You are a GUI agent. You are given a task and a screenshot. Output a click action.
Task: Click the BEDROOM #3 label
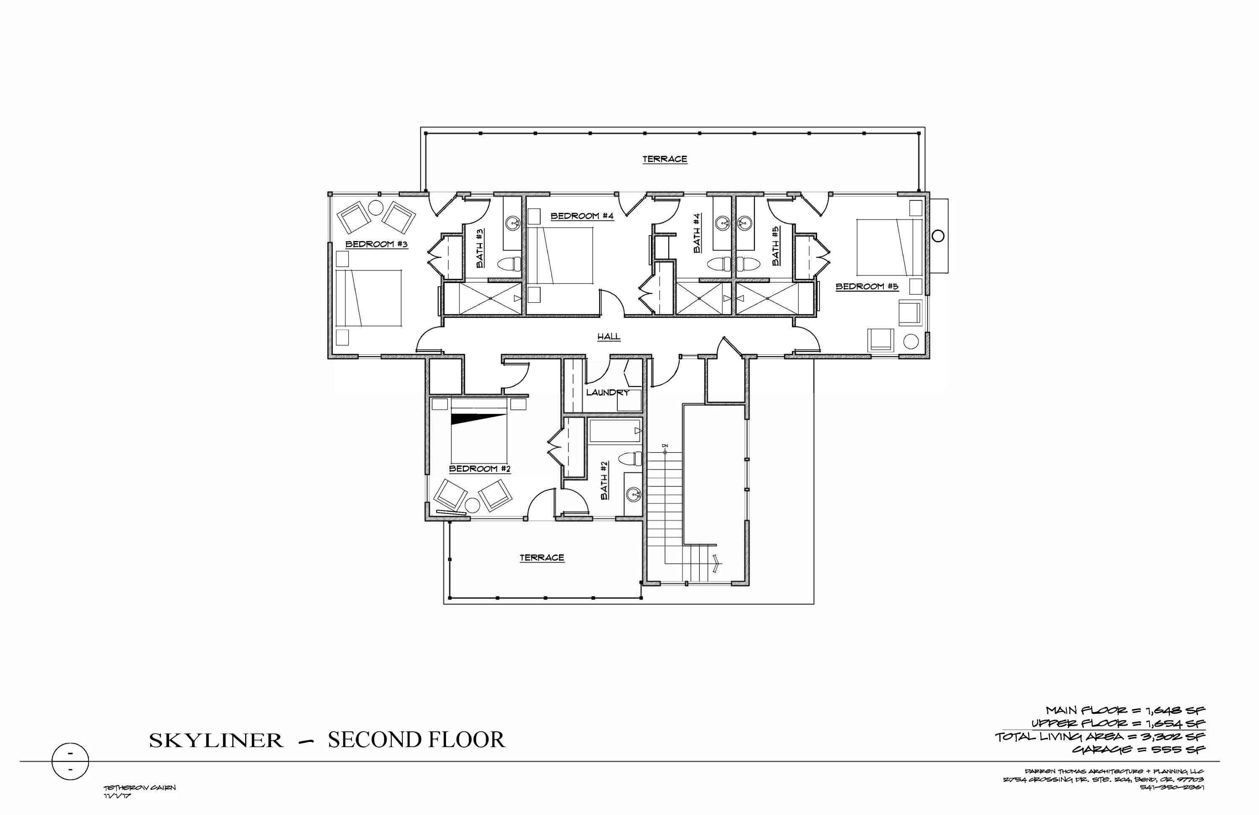[376, 244]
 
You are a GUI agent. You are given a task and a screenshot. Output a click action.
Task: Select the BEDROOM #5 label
[867, 287]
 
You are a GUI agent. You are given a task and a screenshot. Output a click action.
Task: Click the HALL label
[609, 337]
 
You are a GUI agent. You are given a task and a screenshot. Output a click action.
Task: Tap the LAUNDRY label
[607, 393]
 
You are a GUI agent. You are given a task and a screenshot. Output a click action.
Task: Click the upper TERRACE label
[664, 159]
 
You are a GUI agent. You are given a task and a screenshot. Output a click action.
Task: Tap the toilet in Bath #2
[631, 458]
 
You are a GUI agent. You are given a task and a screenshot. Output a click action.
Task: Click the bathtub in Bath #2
[615, 431]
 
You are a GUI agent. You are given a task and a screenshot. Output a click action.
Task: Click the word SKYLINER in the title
[216, 740]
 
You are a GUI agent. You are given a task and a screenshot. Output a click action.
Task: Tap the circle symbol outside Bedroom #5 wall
[938, 236]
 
